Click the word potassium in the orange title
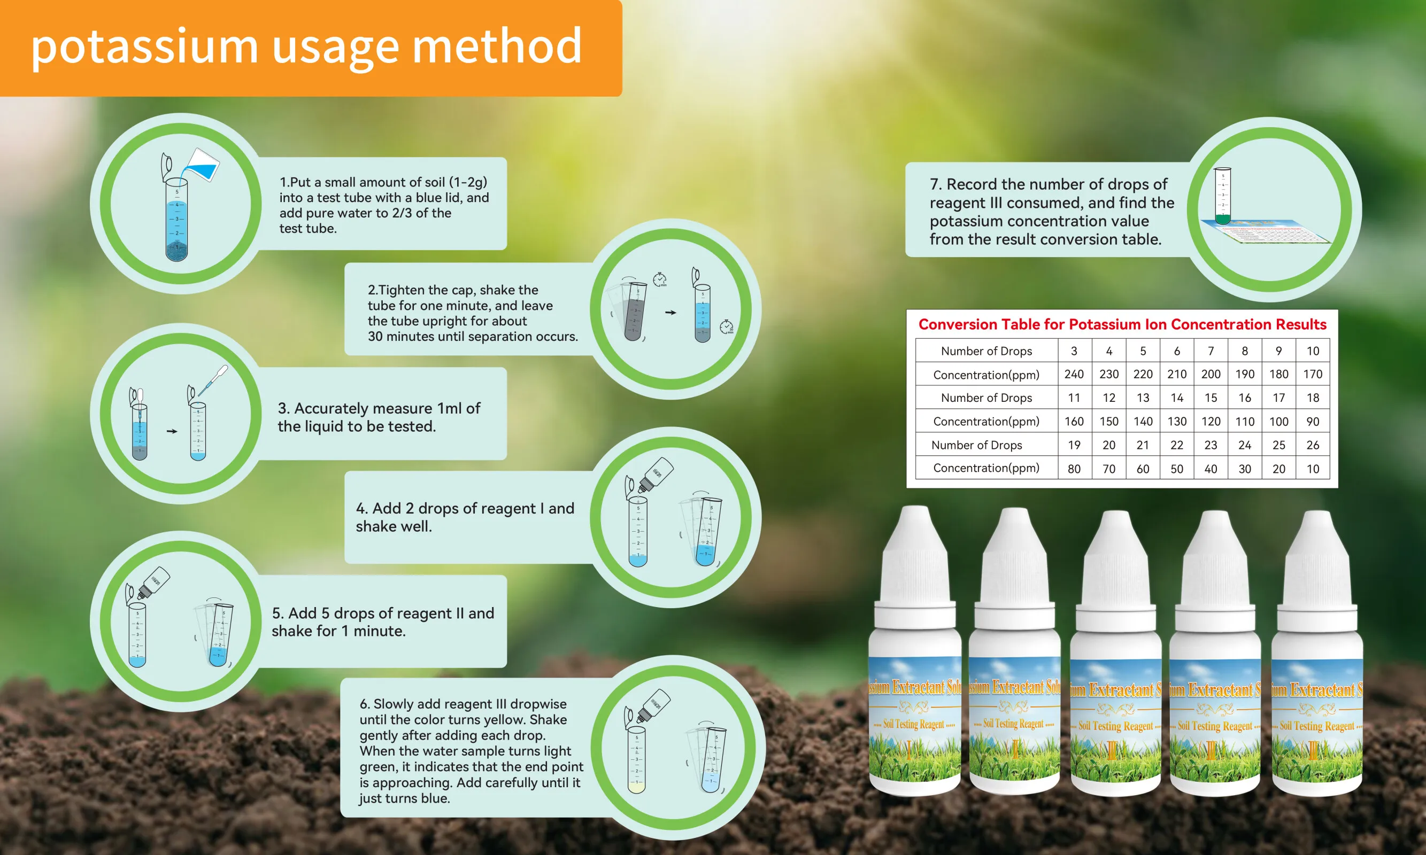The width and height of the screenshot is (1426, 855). (144, 47)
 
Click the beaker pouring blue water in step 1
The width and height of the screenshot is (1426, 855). (202, 165)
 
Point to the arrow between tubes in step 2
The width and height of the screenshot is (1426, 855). (670, 312)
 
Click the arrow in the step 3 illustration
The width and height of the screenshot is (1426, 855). (172, 431)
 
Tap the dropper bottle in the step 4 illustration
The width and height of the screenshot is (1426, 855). (656, 475)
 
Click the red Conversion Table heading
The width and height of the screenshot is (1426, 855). (1122, 324)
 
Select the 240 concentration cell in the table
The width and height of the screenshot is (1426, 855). (1074, 375)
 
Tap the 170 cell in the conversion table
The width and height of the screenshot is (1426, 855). (1313, 375)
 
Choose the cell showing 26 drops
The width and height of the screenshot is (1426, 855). (1313, 445)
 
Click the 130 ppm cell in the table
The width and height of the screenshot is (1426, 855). (1176, 422)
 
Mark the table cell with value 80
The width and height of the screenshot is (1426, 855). (1074, 469)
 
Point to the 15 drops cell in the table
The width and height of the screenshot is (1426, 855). (1211, 398)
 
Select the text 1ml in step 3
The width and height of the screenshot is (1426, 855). (450, 408)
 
